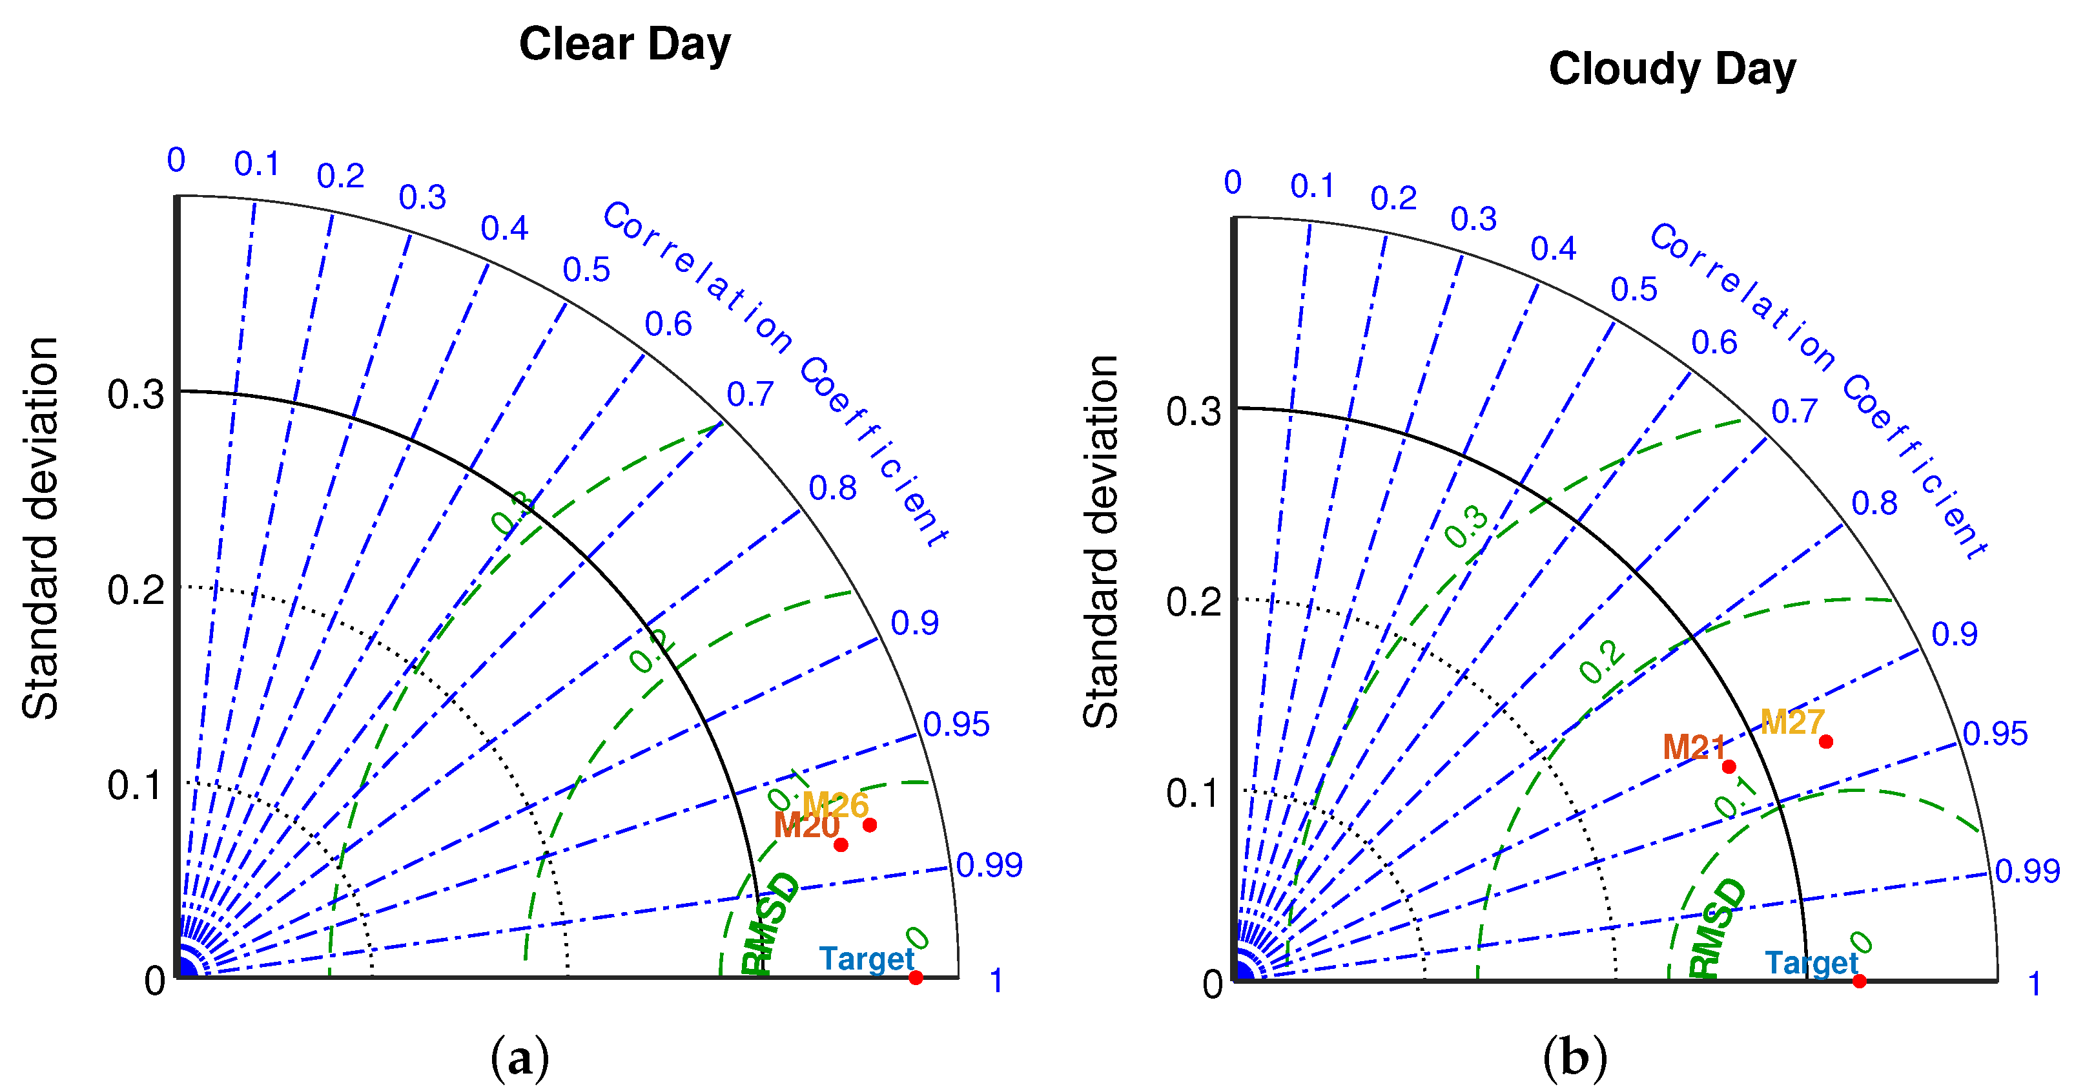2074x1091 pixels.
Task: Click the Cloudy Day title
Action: (x=1672, y=68)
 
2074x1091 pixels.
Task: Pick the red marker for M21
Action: (x=1729, y=767)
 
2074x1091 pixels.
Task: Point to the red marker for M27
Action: (x=1826, y=741)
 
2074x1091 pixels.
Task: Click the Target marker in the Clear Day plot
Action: (x=916, y=977)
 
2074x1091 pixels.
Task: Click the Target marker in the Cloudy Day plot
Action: (x=1859, y=981)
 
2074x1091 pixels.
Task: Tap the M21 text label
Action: (x=1694, y=747)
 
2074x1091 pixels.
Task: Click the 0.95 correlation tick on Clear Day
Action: (x=956, y=725)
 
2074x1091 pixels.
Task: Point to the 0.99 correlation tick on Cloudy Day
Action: (x=2026, y=870)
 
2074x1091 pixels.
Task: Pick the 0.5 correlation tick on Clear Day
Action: (x=586, y=270)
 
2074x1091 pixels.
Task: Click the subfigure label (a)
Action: (x=519, y=1057)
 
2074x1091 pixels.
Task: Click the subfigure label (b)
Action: (x=1574, y=1057)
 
